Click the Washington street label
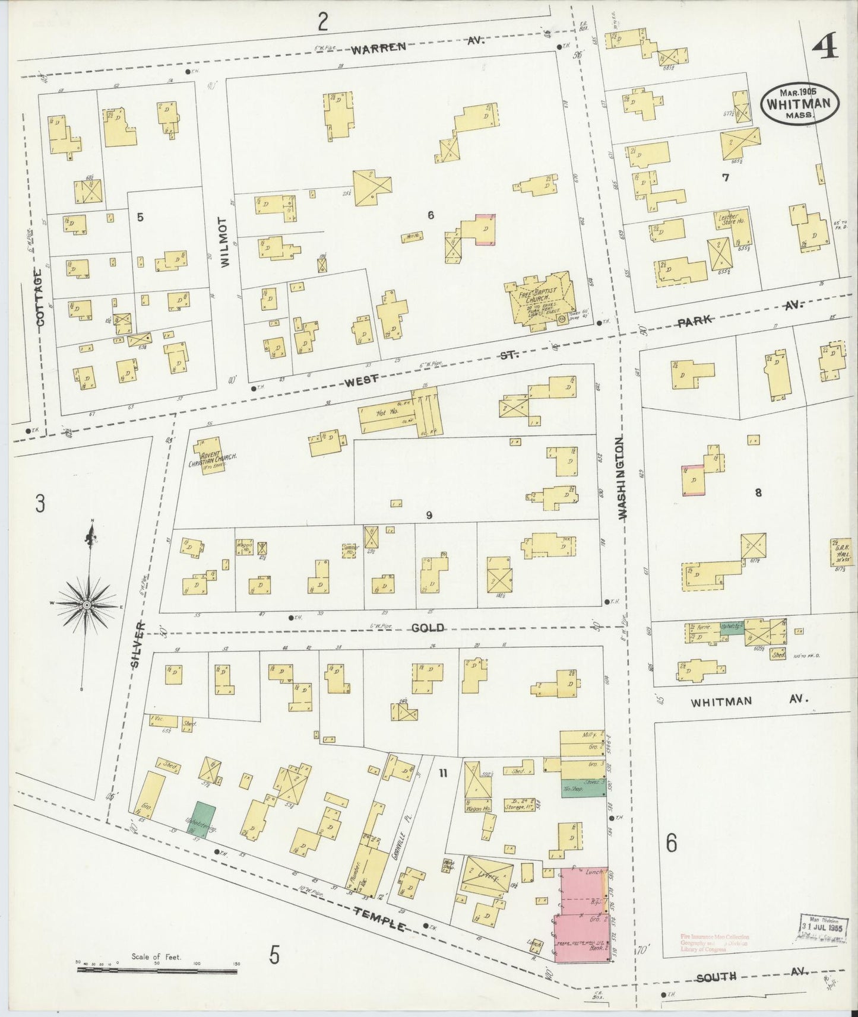622,478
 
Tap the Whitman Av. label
749,701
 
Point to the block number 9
428,516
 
